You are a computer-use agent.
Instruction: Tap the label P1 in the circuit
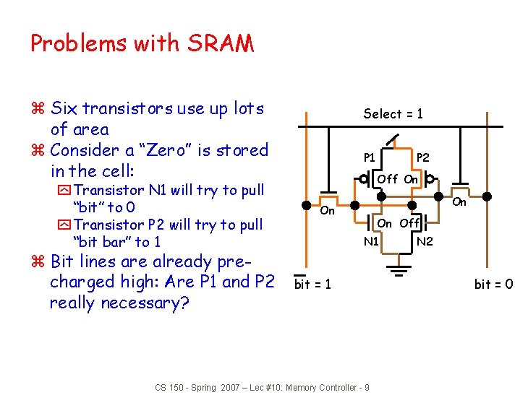(x=369, y=157)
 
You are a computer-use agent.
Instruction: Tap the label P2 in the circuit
(x=423, y=157)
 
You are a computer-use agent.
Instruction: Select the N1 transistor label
(x=371, y=241)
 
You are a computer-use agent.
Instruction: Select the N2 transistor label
(x=425, y=241)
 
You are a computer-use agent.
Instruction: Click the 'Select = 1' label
(x=393, y=113)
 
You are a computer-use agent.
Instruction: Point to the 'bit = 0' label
(x=493, y=285)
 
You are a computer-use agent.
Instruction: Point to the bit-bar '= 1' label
(x=312, y=285)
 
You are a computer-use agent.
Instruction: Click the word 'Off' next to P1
(x=388, y=178)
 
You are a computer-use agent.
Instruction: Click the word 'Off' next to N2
(x=410, y=223)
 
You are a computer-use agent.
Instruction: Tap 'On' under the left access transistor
(x=327, y=211)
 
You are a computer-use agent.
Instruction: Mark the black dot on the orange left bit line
(x=307, y=196)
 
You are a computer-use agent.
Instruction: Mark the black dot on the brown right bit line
(x=488, y=196)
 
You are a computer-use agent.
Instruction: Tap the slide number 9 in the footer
(x=367, y=388)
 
